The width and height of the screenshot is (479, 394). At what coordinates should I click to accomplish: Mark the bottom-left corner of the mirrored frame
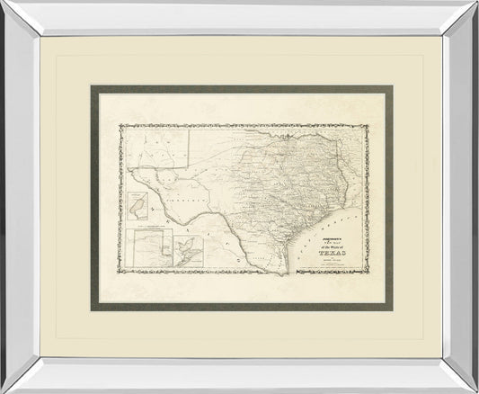3,390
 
